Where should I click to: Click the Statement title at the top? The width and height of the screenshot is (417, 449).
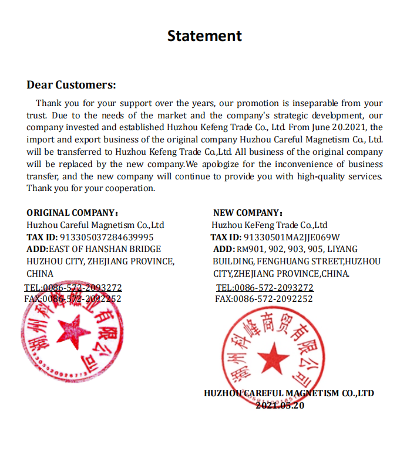click(x=204, y=36)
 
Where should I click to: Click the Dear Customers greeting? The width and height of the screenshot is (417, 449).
click(x=71, y=85)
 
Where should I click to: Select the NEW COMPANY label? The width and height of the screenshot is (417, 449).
click(x=247, y=213)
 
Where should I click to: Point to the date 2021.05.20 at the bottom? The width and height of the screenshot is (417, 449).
click(x=280, y=405)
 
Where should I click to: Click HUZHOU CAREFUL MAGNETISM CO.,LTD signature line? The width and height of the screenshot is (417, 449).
click(x=289, y=393)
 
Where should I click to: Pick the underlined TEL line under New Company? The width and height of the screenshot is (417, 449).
click(x=265, y=288)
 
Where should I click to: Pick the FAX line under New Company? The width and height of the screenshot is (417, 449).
click(x=264, y=299)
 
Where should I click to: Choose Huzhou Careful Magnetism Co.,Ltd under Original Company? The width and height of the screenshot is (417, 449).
click(x=95, y=225)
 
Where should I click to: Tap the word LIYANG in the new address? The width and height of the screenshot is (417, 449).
click(x=342, y=249)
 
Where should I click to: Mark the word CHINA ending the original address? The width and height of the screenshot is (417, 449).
click(x=40, y=274)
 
